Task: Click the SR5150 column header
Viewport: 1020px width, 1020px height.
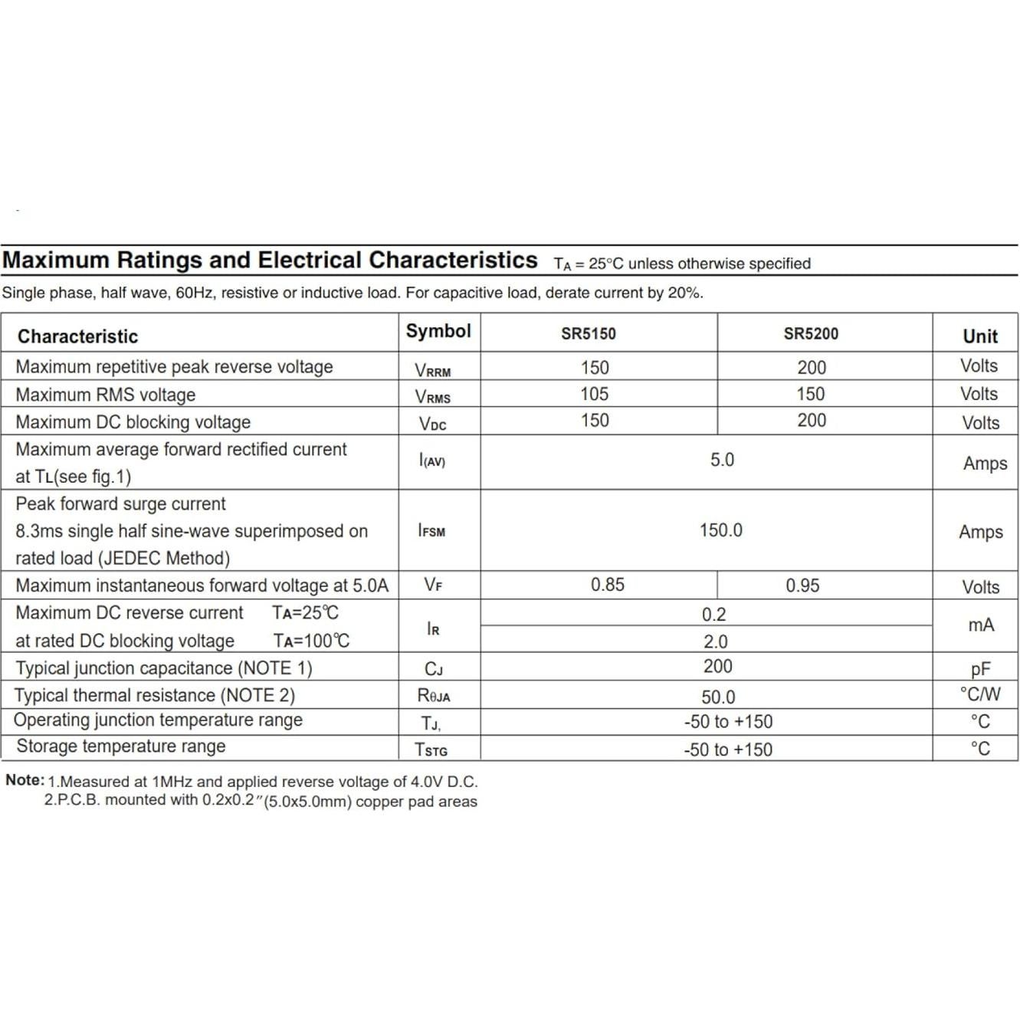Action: coord(588,333)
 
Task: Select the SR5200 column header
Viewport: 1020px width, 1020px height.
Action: coord(811,333)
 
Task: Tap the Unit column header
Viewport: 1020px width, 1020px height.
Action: coord(980,336)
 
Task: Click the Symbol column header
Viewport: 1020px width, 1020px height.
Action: coord(438,331)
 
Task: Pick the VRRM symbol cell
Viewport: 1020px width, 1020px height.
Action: coord(433,370)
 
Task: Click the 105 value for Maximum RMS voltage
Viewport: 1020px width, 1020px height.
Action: coord(595,394)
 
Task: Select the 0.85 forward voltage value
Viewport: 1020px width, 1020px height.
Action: coord(607,585)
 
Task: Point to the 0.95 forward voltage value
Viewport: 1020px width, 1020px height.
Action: coord(802,585)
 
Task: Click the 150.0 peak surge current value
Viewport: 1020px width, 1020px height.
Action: coord(720,530)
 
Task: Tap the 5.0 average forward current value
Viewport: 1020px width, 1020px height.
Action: coord(722,460)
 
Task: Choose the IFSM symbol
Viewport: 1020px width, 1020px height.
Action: coord(431,530)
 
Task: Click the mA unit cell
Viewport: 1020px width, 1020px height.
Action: coord(981,625)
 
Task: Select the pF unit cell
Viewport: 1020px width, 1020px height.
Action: coord(980,669)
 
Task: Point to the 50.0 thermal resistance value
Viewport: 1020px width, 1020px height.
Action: coord(718,697)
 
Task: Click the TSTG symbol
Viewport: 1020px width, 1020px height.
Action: coord(431,749)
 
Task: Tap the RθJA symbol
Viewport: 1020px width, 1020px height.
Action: coord(434,695)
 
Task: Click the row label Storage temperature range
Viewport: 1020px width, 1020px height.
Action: coord(121,746)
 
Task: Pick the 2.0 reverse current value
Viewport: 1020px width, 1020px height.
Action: coord(716,641)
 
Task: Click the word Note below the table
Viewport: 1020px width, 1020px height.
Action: coord(24,780)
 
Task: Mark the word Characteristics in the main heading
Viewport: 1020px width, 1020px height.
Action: coord(453,260)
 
